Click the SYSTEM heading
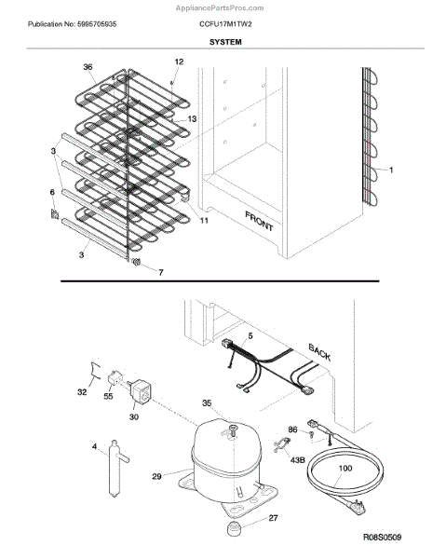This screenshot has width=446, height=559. point(225,42)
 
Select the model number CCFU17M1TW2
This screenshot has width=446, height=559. point(225,24)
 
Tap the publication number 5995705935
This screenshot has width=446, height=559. point(97,24)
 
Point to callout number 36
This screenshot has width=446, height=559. point(88,67)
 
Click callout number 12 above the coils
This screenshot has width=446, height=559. point(179,61)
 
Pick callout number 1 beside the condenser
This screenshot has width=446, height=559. point(391,170)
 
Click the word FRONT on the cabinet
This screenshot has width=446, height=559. point(259,221)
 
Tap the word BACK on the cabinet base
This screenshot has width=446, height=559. point(319,352)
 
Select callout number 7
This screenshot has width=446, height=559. point(161,272)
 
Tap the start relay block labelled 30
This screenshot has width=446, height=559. point(141,389)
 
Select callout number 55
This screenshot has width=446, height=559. point(108,396)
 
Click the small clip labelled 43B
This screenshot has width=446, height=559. point(281,445)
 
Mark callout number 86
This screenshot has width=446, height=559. point(292,429)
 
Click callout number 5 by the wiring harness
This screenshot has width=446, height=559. point(250,335)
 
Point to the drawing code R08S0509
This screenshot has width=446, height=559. point(383,537)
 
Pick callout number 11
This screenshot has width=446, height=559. point(204,221)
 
